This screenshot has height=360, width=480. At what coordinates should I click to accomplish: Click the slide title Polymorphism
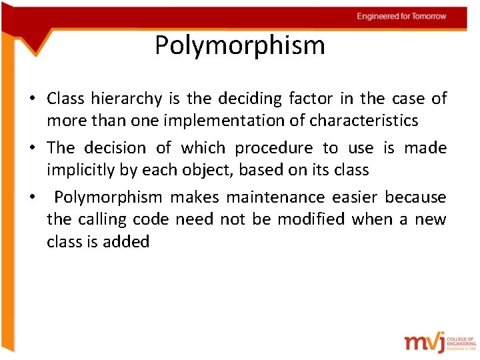pyautogui.click(x=240, y=45)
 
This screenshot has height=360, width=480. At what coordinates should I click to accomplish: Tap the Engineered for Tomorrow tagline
pyautogui.click(x=401, y=16)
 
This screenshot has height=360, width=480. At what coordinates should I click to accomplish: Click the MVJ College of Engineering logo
pyautogui.click(x=439, y=341)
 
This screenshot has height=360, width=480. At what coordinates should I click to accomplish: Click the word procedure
pyautogui.click(x=275, y=148)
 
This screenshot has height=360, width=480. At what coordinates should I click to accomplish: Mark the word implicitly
pyautogui.click(x=81, y=169)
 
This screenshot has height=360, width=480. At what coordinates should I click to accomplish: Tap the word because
pyautogui.click(x=415, y=197)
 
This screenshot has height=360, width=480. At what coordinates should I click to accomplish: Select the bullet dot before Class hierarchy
pyautogui.click(x=32, y=99)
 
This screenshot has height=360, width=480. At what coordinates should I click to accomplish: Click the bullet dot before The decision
pyautogui.click(x=32, y=148)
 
